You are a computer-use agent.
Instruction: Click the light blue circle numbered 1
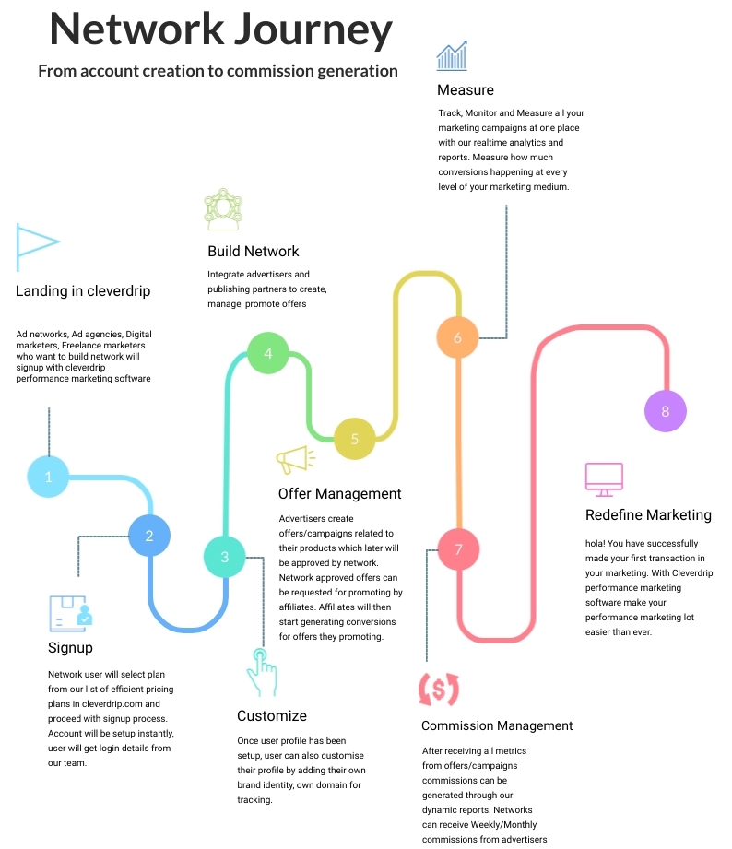click(48, 477)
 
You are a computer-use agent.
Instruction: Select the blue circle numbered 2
click(149, 536)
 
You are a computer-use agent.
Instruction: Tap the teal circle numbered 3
click(225, 557)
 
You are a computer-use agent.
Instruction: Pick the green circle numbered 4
click(268, 353)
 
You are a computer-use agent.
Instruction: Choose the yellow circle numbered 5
click(355, 439)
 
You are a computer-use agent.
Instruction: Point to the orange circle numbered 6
click(457, 337)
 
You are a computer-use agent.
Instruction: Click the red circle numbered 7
click(458, 549)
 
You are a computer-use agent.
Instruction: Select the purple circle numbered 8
click(666, 411)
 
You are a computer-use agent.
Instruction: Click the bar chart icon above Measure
click(452, 55)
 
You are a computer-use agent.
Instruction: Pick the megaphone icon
click(295, 460)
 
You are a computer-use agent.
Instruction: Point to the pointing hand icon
click(262, 672)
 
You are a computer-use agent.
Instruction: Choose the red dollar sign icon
click(439, 690)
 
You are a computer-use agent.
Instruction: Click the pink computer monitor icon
click(604, 479)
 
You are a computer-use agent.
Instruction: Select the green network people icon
click(223, 209)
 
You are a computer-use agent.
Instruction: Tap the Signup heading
click(70, 648)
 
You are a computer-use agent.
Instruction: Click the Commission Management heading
click(497, 725)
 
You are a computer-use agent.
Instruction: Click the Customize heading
click(272, 716)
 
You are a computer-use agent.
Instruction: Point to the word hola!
click(595, 543)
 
